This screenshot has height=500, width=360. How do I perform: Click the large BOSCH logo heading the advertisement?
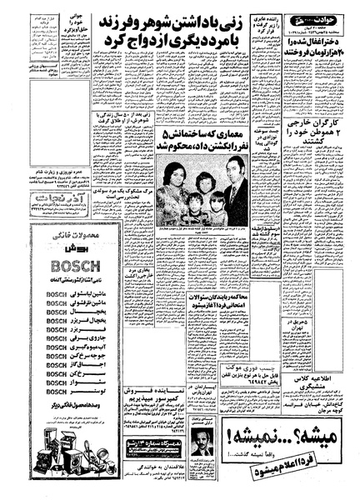pos(61,268)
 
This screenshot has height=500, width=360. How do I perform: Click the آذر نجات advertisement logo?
pos(60,201)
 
